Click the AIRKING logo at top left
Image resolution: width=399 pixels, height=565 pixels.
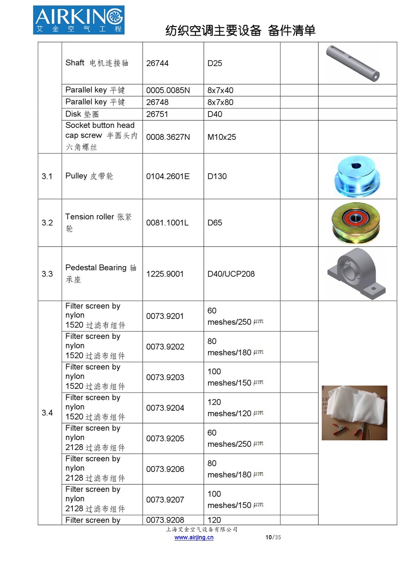(79, 20)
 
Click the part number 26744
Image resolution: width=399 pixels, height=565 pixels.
(157, 63)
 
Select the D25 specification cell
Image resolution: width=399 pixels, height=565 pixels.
(215, 63)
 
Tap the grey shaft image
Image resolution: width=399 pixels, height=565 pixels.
(353, 63)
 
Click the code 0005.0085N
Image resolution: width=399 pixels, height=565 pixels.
(168, 90)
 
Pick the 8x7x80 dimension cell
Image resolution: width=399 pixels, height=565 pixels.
(220, 102)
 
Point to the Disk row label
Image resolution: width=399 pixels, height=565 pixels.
(82, 114)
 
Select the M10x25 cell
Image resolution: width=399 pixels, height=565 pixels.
(221, 137)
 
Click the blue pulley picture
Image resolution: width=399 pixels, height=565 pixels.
(358, 176)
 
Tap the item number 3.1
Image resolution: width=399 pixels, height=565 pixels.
(47, 176)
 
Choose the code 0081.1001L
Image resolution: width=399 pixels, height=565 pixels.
(167, 223)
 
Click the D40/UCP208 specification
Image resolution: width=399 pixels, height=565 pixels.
(231, 274)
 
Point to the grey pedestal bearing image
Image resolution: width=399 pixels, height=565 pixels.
(356, 274)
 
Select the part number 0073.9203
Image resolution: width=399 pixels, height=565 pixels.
(165, 377)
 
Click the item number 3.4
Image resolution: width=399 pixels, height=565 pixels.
(47, 413)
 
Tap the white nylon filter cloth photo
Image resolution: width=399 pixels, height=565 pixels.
(354, 413)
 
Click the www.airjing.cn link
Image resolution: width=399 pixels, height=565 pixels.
(194, 537)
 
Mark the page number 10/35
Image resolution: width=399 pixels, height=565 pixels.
(273, 537)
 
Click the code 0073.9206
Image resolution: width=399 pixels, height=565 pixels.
(165, 469)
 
